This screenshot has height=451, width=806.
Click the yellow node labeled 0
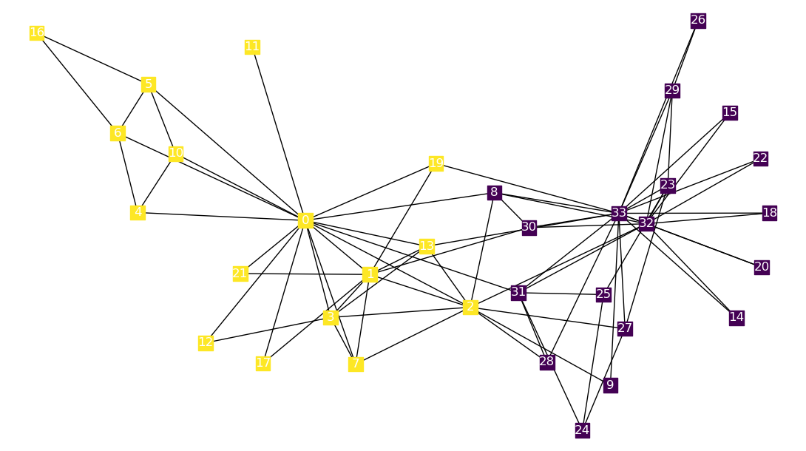[x=305, y=220]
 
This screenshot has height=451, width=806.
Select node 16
[x=37, y=33]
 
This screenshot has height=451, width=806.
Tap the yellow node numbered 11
[x=252, y=47]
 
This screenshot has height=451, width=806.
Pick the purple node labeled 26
[x=698, y=20]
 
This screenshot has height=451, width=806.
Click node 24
[x=582, y=430]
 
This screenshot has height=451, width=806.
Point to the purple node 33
[x=619, y=213]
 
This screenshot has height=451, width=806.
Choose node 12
[x=206, y=342]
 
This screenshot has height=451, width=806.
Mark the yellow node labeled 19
[x=436, y=163]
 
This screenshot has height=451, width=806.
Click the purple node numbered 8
[x=494, y=193]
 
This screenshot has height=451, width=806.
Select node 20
[x=762, y=266]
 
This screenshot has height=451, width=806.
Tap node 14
[x=736, y=317]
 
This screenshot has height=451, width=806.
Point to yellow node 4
[x=138, y=212]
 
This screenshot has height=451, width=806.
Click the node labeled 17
[x=263, y=362]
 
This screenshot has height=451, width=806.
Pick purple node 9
[x=610, y=384]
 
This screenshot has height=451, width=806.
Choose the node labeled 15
[x=730, y=112]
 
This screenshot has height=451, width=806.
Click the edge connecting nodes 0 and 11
[x=279, y=133]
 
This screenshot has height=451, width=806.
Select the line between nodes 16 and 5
[x=92, y=58]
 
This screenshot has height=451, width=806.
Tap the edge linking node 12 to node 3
[x=268, y=330]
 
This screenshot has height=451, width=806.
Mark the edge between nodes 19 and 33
[x=527, y=188]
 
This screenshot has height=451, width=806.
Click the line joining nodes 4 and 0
[x=222, y=217]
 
